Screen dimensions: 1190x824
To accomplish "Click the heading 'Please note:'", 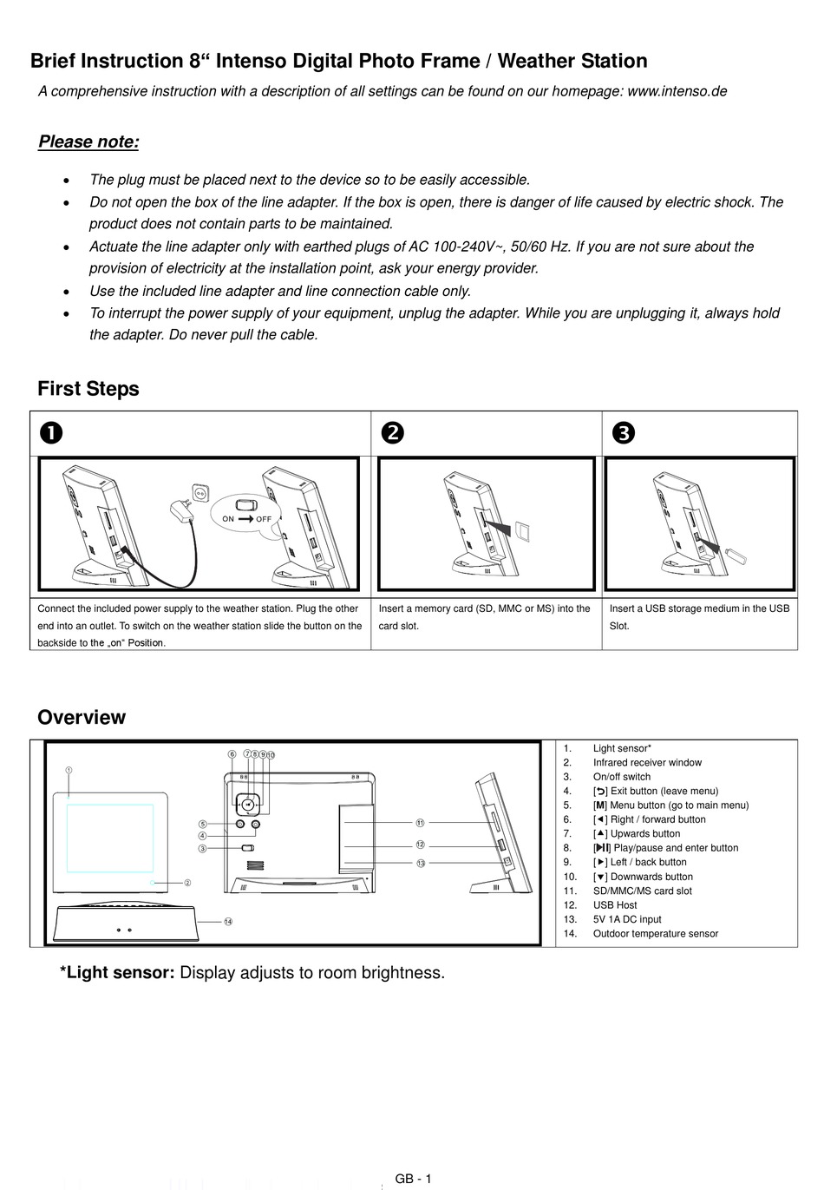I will click(88, 142).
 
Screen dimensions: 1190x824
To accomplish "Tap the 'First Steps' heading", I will click(88, 389).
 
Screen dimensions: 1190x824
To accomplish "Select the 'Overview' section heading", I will click(82, 718).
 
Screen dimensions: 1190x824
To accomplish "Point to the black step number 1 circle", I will click(49, 432).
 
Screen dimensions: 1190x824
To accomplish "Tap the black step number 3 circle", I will click(623, 432).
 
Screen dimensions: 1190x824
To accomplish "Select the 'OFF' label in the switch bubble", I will click(264, 519).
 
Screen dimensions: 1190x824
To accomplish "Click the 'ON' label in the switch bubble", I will click(229, 519).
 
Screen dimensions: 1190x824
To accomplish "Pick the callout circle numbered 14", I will click(228, 922).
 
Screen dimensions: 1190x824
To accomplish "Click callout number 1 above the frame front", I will click(69, 770).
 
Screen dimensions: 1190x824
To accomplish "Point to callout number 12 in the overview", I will click(420, 845).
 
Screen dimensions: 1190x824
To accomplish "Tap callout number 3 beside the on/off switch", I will click(202, 848).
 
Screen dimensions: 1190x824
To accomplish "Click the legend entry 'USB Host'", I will click(614, 905).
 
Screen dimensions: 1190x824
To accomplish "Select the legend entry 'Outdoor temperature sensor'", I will click(655, 934).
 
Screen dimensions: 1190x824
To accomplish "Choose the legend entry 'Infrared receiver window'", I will click(647, 763).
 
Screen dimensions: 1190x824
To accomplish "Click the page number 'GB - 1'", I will click(413, 1179).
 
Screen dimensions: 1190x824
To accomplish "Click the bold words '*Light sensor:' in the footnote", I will click(117, 973).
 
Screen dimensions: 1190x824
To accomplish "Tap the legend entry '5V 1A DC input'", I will click(626, 919).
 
